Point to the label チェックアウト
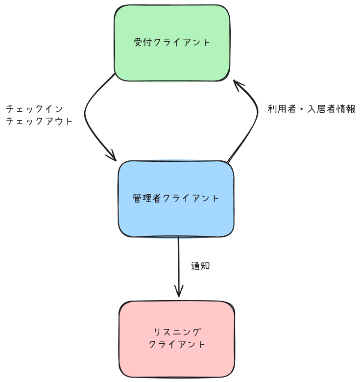point(39,121)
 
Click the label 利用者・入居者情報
point(311,109)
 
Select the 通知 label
point(200,266)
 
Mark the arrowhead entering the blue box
point(112,156)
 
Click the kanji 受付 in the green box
point(142,42)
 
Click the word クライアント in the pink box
point(177,345)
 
